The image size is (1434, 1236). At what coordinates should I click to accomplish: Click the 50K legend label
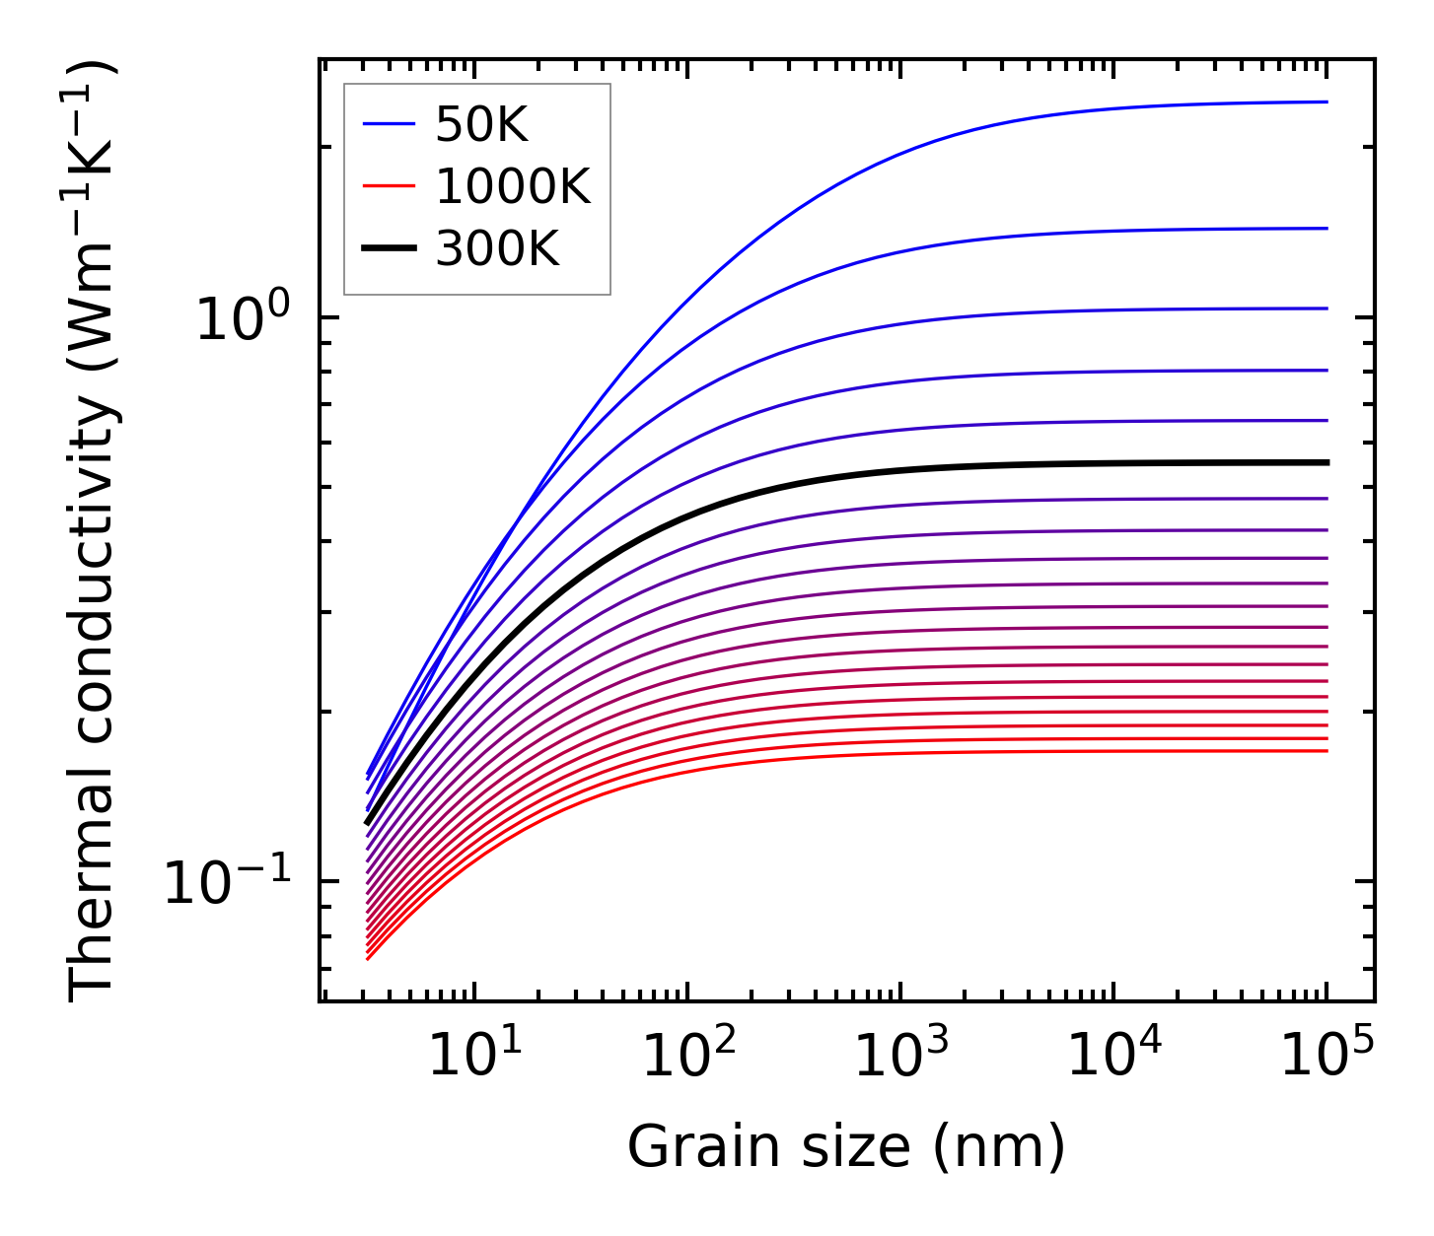481,125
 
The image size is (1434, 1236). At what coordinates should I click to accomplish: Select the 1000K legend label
512,186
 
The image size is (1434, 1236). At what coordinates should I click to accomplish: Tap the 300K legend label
497,249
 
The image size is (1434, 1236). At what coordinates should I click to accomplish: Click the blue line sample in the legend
389,124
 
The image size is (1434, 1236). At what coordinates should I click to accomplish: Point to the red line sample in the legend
389,186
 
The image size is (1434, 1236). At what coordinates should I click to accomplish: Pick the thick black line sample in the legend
389,249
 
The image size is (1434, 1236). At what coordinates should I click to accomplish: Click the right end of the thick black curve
1327,462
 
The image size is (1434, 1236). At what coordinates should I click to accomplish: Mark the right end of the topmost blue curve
1327,102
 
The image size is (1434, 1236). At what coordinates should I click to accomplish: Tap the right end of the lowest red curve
1327,751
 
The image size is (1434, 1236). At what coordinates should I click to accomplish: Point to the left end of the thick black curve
367,822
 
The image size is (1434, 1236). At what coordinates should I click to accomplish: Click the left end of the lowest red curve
367,958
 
